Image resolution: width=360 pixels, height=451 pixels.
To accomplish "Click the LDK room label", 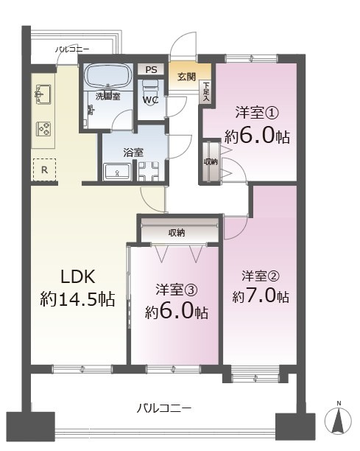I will click(77, 277).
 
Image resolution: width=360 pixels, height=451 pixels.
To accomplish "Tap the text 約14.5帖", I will click(77, 300).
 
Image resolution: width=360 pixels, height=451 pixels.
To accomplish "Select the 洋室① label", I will click(253, 113).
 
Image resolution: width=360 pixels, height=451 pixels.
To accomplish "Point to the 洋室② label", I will click(260, 276).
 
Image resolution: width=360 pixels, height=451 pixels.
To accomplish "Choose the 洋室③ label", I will click(174, 290).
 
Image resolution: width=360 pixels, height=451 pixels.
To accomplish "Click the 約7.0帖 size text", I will click(260, 296).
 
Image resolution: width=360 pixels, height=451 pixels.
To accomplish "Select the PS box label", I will click(151, 70).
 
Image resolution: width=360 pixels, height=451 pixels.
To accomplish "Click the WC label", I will click(150, 99).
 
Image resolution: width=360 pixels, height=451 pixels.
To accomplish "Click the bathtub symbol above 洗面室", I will click(107, 77).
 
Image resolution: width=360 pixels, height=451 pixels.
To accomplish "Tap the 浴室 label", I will click(133, 152).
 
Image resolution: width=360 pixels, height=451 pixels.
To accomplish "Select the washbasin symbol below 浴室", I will click(116, 172).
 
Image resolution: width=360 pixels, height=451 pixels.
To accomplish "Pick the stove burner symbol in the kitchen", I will click(43, 128).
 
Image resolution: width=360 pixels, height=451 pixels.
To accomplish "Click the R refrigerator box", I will click(44, 169).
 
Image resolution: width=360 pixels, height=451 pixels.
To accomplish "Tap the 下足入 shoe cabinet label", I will click(206, 91).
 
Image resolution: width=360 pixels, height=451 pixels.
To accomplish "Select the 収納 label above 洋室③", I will click(177, 233).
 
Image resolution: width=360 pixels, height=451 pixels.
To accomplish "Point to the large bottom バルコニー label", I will click(165, 407).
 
